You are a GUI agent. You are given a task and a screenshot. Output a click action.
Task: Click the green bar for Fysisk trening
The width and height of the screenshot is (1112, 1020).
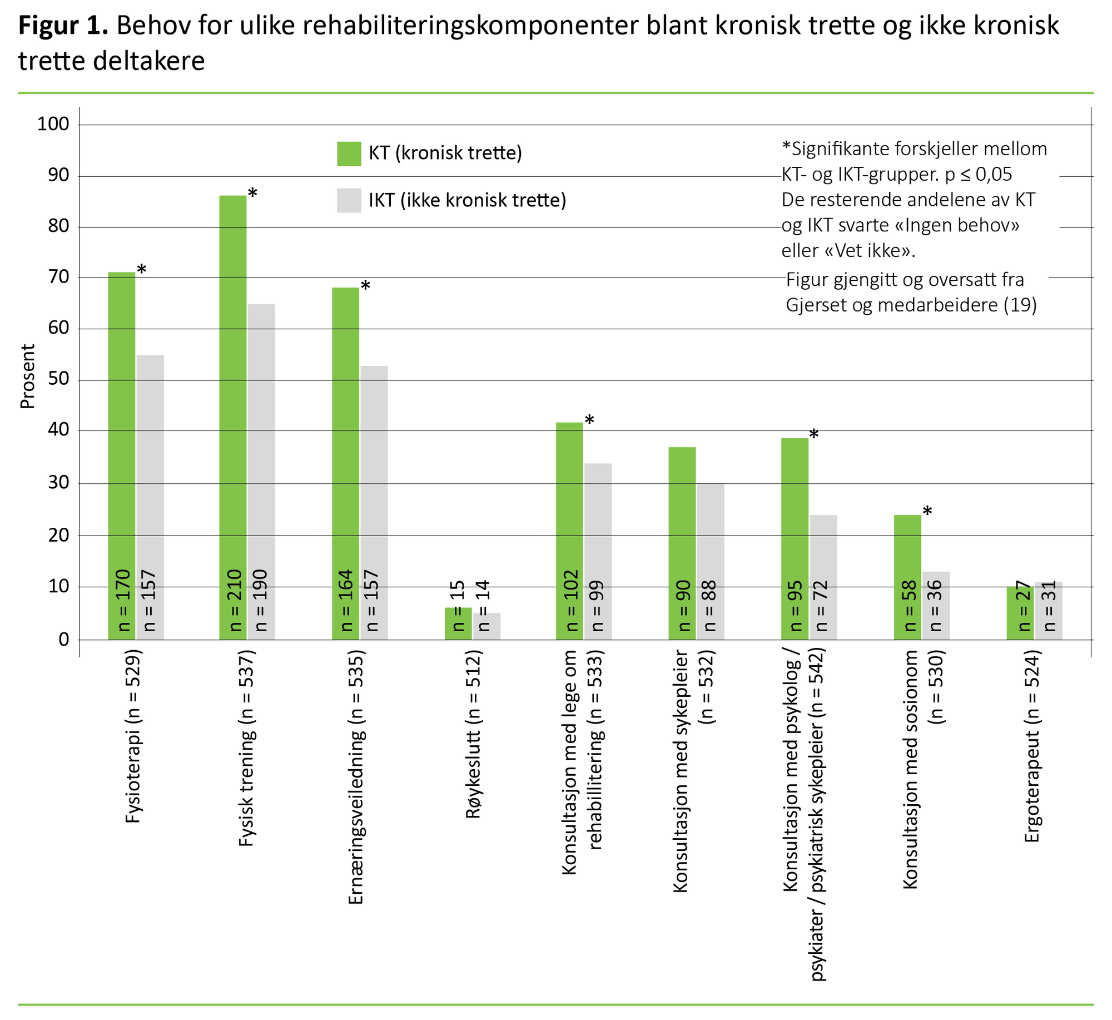coord(232,389)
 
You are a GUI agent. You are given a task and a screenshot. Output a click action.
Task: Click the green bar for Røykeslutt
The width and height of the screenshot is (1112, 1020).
coord(458,623)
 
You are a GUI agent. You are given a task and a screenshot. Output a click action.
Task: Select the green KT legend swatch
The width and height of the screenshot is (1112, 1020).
coord(349,154)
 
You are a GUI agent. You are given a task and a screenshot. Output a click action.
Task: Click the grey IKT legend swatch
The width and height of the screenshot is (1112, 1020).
coord(349,200)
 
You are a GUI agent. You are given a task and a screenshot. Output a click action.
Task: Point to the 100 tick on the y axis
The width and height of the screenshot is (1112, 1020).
coord(53,124)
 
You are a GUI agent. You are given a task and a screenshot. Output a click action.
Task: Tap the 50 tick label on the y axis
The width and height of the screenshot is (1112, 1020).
coord(58,379)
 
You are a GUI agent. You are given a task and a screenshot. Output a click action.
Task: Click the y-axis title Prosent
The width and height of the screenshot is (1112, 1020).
coord(27,377)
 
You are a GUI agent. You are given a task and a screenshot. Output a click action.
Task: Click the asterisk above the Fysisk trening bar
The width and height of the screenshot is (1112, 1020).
coord(252,193)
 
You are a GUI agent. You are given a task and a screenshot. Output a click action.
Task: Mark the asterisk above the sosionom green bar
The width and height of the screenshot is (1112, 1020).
coord(927,511)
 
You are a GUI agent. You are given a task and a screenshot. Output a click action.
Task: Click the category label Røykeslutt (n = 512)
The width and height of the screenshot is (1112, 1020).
coord(473,737)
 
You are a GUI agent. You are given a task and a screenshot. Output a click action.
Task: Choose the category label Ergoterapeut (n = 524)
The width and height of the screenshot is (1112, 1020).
coord(1032,748)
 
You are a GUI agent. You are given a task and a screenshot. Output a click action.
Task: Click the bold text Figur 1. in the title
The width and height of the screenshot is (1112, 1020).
coord(63,26)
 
